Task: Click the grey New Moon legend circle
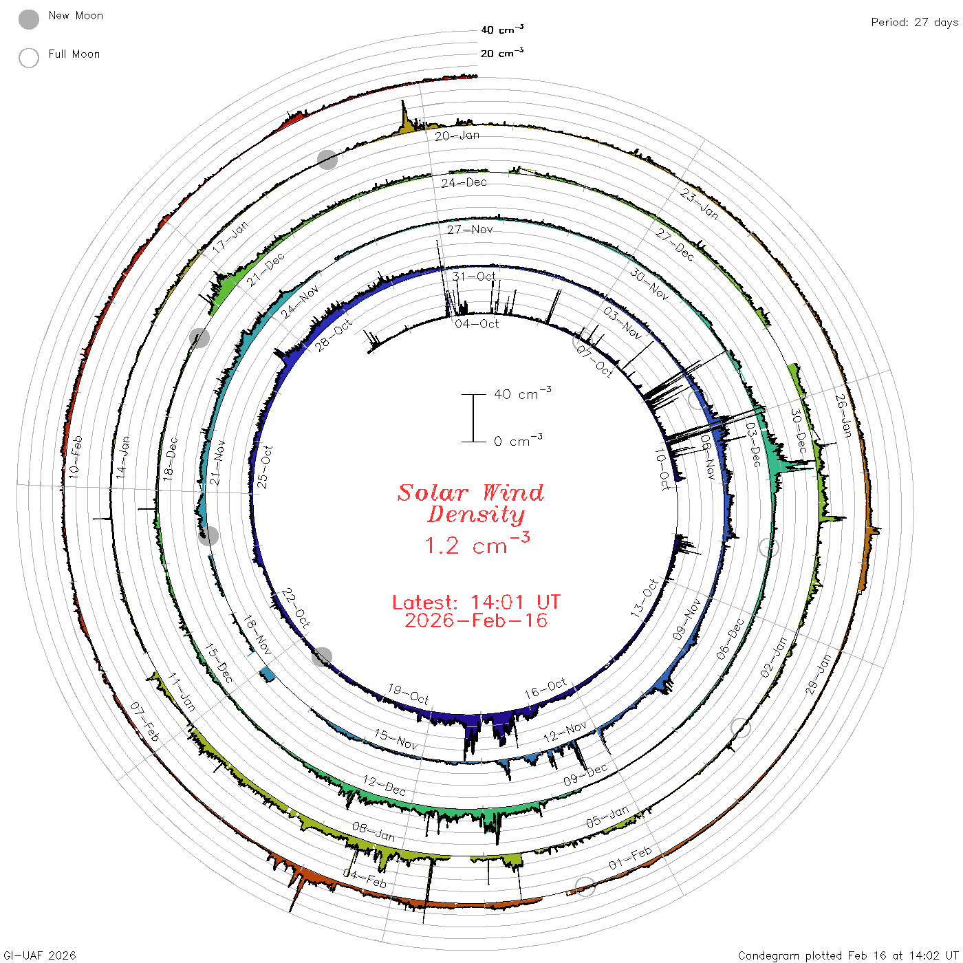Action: [28, 19]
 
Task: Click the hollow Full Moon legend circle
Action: [28, 58]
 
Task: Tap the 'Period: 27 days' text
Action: [915, 23]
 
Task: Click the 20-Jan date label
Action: [457, 136]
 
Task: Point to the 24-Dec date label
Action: [464, 183]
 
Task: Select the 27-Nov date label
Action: [470, 229]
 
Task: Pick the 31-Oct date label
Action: [474, 277]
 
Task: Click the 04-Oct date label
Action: [477, 324]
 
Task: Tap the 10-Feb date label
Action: [76, 457]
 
